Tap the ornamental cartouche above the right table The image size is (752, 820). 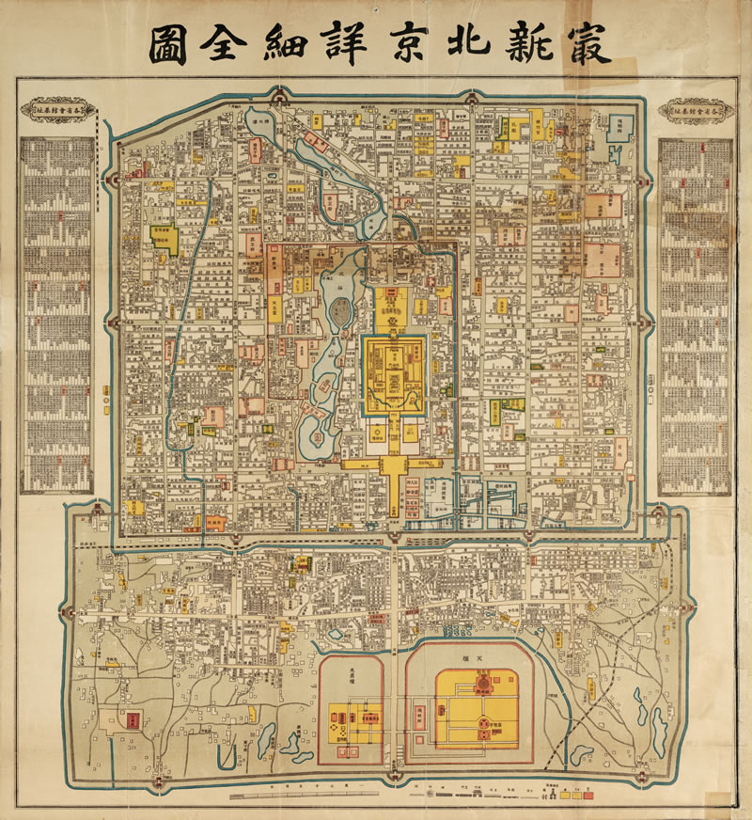(x=696, y=109)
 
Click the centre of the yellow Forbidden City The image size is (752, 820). (x=395, y=371)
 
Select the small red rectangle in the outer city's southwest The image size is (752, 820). (x=133, y=719)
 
